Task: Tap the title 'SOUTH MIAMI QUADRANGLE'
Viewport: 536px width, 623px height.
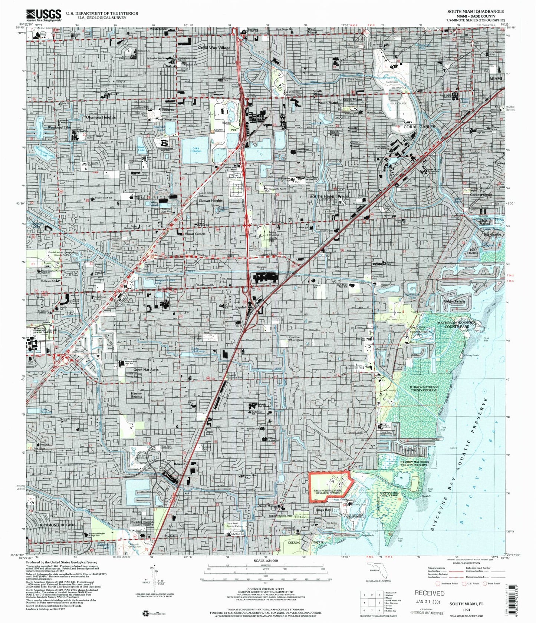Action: coord(476,11)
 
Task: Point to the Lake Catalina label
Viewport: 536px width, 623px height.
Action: coord(196,149)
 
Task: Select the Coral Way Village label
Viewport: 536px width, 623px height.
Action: coord(214,48)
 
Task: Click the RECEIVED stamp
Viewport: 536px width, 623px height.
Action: coord(429,593)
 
